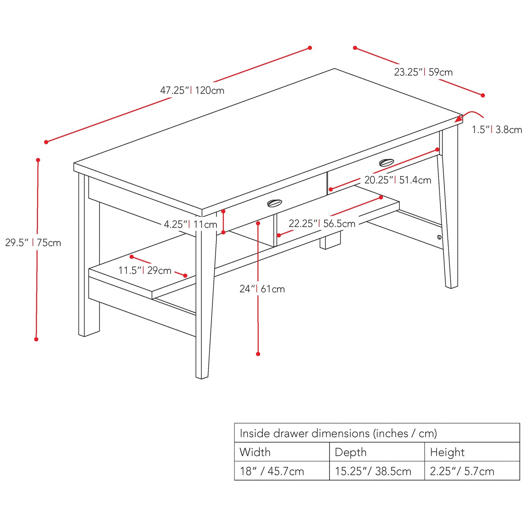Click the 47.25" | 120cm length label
point(192,90)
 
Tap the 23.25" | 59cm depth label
point(423,72)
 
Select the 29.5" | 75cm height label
point(33,243)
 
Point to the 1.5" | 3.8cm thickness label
point(497,130)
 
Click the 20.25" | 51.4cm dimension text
point(398,180)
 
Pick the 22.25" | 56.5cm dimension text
point(322,224)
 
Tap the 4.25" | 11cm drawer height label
point(190,224)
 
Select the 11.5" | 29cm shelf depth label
point(145,271)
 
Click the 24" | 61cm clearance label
point(262,289)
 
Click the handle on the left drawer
point(275,203)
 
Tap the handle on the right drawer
point(387,162)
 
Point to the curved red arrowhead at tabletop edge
point(458,119)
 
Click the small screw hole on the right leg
point(439,237)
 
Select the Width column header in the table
point(255,452)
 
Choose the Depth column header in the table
point(350,452)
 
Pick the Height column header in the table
point(447,452)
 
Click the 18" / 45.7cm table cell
point(272,471)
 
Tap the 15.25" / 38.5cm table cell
point(373,471)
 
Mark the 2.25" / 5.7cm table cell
point(462,471)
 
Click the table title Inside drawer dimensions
point(338,433)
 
